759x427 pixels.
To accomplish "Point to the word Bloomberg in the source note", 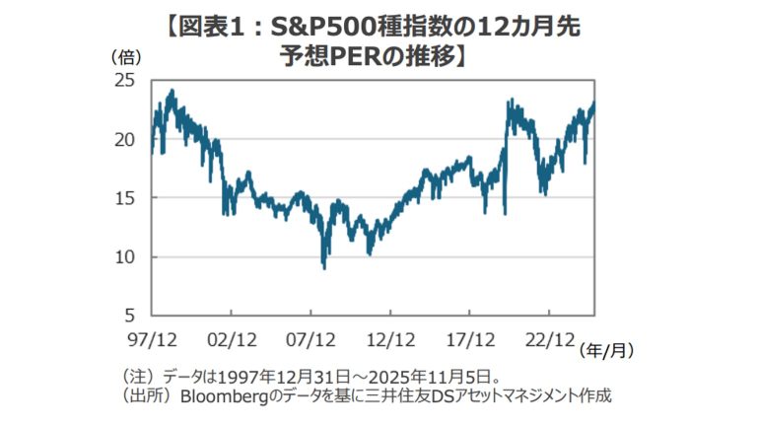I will pos(222,395).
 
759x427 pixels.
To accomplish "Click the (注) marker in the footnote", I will pos(137,376).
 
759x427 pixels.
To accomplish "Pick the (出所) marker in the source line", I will pos(146,395).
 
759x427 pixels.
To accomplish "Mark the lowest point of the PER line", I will pos(324,266).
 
